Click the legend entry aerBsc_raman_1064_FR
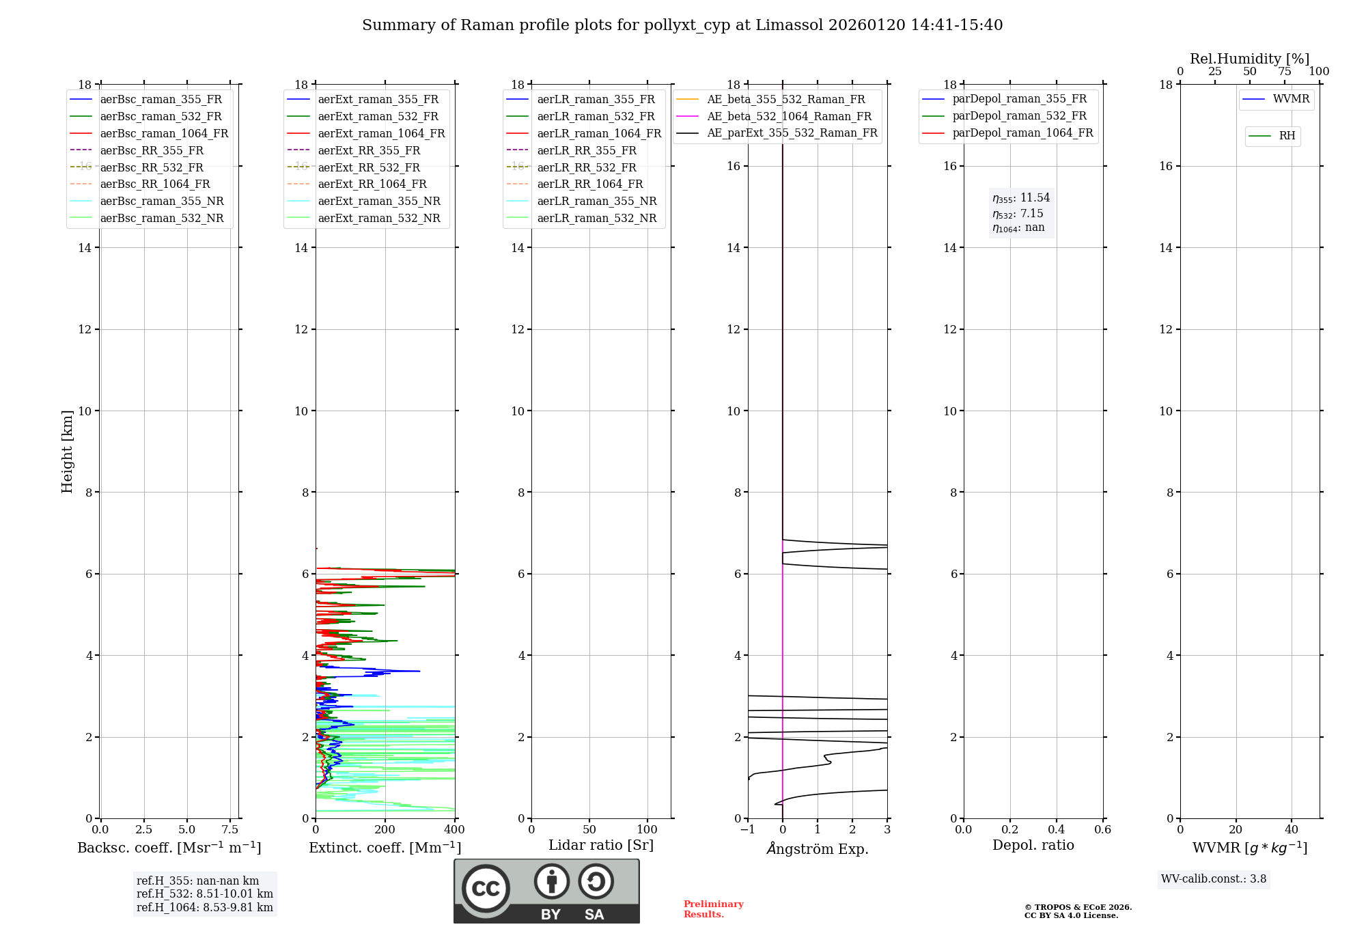[x=164, y=134]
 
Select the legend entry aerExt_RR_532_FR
[x=369, y=167]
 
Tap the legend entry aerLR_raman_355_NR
[x=596, y=202]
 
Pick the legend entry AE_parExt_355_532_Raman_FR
[x=792, y=133]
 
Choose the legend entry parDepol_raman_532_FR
[x=1019, y=116]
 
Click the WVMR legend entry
[x=1291, y=100]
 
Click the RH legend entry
[x=1287, y=136]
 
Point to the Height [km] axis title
[x=67, y=452]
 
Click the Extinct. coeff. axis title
[x=385, y=848]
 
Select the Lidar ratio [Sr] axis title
[x=601, y=846]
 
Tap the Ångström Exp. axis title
[x=818, y=849]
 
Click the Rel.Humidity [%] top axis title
[x=1249, y=59]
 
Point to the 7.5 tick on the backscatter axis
[x=230, y=830]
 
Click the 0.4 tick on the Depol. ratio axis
[x=1057, y=830]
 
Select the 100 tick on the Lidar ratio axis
[x=647, y=830]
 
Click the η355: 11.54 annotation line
[x=1021, y=198]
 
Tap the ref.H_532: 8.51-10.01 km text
[x=204, y=894]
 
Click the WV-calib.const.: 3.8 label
[x=1214, y=879]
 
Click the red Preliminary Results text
[x=713, y=909]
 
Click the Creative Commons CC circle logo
[x=486, y=888]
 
